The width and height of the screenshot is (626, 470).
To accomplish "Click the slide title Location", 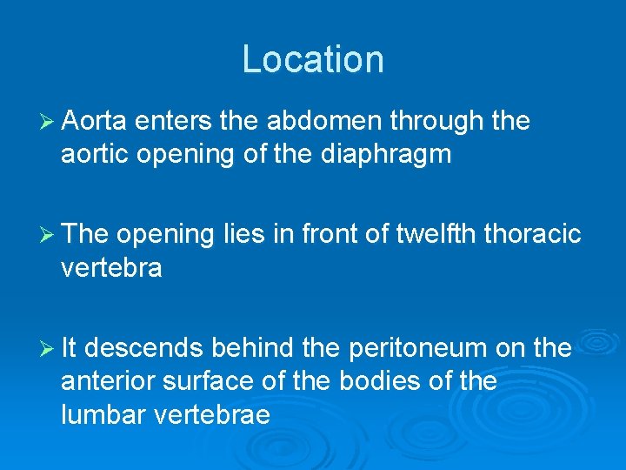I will click(312, 59).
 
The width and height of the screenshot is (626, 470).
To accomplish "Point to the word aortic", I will click(92, 155).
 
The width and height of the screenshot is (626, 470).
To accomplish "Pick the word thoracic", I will click(533, 234).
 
